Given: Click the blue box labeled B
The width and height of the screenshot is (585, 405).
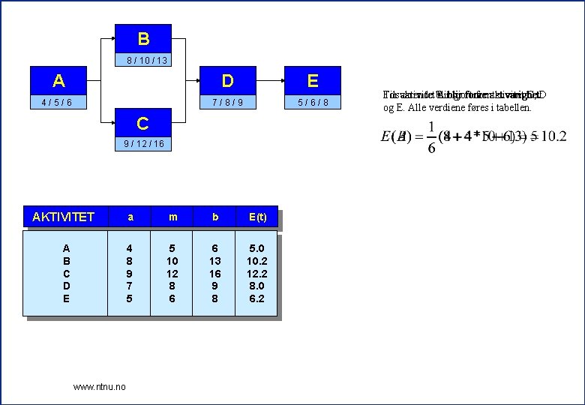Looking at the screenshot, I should click(143, 38).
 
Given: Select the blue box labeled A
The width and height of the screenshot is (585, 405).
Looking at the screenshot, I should click(58, 80).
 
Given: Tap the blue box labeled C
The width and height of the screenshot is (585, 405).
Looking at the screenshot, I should click(142, 122).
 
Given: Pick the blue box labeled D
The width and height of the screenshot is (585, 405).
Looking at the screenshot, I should click(227, 80).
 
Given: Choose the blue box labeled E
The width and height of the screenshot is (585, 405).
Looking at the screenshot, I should click(312, 80).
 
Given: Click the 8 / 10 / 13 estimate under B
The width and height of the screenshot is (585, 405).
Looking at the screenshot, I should click(143, 60).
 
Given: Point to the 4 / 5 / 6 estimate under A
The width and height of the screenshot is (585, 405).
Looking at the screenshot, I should click(58, 102).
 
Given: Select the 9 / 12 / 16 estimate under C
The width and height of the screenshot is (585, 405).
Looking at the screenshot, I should click(142, 144).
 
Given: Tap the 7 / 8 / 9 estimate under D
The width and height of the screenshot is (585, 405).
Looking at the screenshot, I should click(227, 102).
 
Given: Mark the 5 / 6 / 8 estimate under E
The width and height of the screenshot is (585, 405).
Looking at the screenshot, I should click(312, 102).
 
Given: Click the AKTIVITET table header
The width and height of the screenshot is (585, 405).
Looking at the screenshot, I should click(64, 217).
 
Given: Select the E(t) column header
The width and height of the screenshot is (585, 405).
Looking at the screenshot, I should click(256, 217).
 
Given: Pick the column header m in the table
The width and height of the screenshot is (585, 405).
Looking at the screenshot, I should click(172, 217).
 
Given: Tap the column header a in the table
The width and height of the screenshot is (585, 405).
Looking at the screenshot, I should click(130, 217).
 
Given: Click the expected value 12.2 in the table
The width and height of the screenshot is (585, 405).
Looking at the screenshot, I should click(256, 274).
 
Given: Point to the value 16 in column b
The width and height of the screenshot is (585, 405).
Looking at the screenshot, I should click(214, 274).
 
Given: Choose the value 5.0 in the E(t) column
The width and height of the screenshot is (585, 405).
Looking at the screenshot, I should click(256, 248).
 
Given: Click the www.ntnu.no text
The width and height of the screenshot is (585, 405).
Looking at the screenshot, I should click(100, 386).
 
